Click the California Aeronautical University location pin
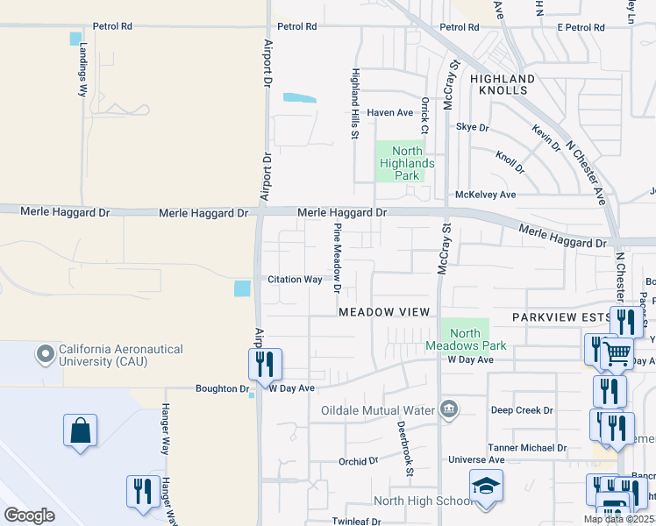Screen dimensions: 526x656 tap(45, 355)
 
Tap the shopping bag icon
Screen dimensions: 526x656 tap(80, 431)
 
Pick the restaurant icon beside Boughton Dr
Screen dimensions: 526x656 tap(265, 365)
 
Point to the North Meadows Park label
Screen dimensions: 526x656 tap(465, 339)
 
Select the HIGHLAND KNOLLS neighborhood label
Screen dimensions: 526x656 tap(499, 84)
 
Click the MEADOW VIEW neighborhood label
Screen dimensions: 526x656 tap(384, 312)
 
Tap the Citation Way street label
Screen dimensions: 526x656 tap(295, 280)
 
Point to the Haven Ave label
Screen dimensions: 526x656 tap(389, 112)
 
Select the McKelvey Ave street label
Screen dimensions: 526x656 tap(485, 195)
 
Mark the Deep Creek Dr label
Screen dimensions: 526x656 tap(522, 409)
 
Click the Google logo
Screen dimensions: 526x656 tap(29, 515)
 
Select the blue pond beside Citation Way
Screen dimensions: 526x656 tap(242, 288)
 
